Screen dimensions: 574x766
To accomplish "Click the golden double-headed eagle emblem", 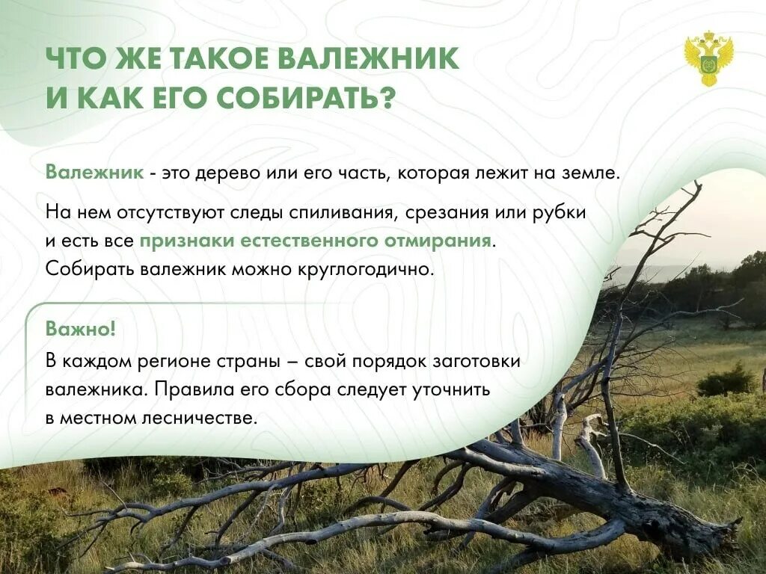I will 708,58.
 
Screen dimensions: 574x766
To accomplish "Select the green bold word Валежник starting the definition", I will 94,173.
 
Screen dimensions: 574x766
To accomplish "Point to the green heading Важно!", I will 81,329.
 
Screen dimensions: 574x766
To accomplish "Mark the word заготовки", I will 477,360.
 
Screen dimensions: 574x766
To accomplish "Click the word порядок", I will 393,360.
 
